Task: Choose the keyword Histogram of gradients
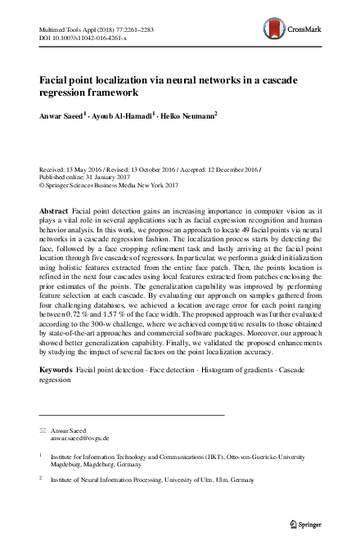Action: click(x=231, y=372)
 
